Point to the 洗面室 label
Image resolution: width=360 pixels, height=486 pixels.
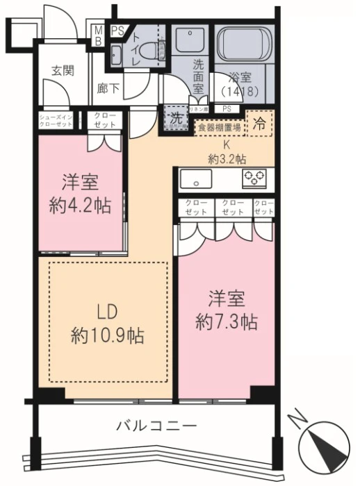coord(198,76)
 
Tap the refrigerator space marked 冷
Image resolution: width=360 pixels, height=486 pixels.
coord(259,125)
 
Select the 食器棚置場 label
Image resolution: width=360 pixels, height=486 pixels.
coord(219,128)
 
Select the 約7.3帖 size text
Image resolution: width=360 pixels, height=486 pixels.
coord(226,321)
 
